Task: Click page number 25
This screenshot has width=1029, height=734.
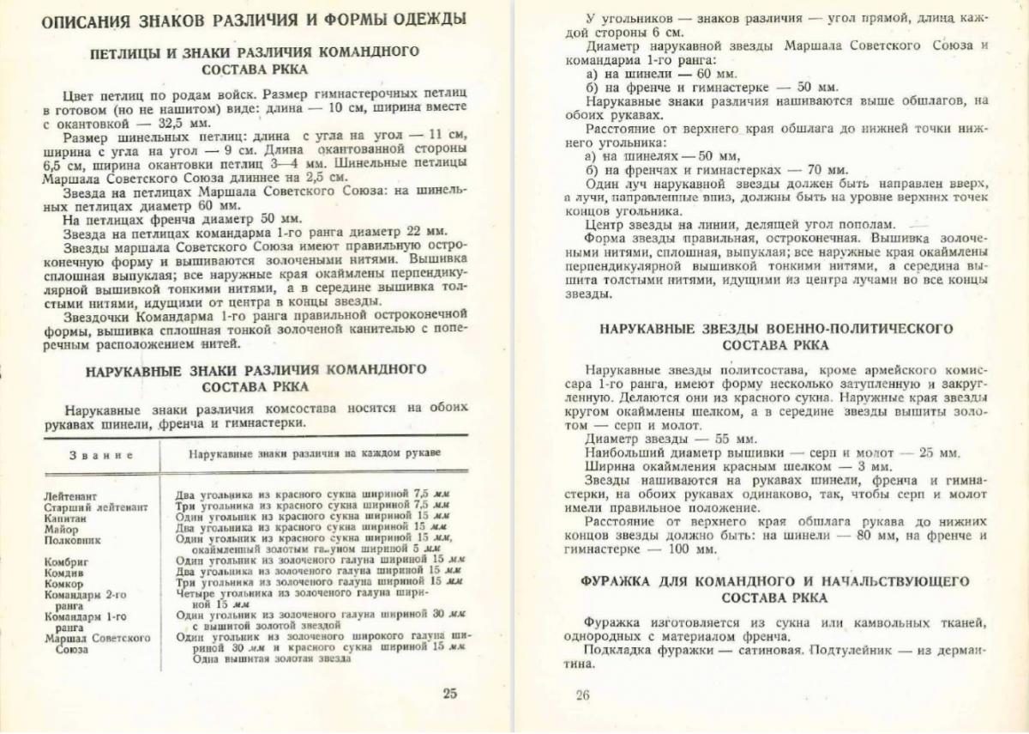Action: click(x=450, y=694)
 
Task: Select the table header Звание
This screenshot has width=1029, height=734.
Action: click(x=101, y=454)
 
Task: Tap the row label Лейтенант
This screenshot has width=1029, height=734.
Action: click(x=70, y=496)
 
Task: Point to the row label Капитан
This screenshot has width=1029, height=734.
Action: click(x=65, y=519)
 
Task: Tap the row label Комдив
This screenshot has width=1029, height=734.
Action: click(x=64, y=571)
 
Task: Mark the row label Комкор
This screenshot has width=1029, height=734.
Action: click(x=64, y=582)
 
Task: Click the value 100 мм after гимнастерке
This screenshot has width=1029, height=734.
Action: click(x=687, y=549)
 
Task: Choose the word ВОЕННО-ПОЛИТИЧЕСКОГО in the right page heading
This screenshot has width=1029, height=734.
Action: click(x=845, y=329)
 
